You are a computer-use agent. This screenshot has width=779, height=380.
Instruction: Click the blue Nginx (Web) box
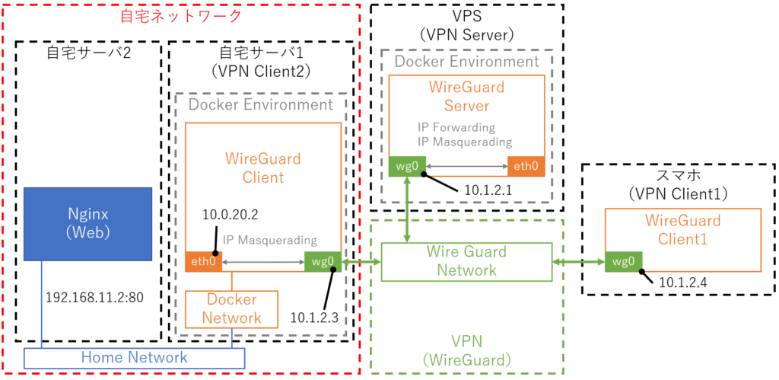coord(88,224)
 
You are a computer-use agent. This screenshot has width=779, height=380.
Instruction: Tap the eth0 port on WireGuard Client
coord(203,262)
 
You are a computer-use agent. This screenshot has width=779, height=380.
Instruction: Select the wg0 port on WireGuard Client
coord(323,262)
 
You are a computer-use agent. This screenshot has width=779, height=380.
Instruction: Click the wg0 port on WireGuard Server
coord(407,166)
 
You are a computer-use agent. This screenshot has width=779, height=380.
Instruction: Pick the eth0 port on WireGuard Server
coord(526,166)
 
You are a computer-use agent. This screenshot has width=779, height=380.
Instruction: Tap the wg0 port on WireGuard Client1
coord(624,262)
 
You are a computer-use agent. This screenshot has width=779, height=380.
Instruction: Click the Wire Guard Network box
coord(466,261)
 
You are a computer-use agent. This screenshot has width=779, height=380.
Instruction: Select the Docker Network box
coord(231,309)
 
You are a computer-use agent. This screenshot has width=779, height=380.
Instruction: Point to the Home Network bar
coord(135,358)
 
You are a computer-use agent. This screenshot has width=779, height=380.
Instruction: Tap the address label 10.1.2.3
coord(314,316)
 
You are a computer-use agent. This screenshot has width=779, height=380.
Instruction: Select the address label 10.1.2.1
coord(488,190)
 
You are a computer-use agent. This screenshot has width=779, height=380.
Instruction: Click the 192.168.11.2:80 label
coord(94,298)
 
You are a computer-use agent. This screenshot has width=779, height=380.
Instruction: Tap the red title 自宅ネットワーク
coord(181,16)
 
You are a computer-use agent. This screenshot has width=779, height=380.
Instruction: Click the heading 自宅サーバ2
coord(89,53)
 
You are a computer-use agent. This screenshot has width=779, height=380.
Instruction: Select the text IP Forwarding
coord(456,127)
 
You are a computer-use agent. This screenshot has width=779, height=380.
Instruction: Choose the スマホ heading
coord(679,177)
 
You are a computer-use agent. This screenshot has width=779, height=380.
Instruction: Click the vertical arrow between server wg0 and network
coord(408,209)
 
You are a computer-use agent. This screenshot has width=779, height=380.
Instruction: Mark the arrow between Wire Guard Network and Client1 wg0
coord(579,262)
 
